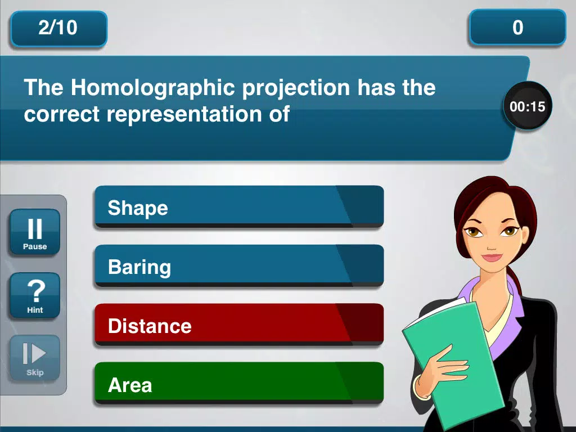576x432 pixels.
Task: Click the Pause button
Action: (x=35, y=232)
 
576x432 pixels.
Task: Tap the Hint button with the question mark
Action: (x=35, y=295)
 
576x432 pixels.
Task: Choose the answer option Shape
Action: (x=239, y=207)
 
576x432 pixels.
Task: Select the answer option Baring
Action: (x=239, y=266)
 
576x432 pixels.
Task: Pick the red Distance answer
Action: (x=239, y=325)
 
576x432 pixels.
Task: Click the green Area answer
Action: (x=239, y=384)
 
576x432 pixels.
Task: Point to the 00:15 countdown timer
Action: (x=528, y=106)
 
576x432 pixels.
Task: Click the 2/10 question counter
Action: (x=58, y=29)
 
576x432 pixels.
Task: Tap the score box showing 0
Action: (x=517, y=28)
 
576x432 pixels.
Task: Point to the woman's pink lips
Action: (x=492, y=256)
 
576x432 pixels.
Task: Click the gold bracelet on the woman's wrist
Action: (x=418, y=387)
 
